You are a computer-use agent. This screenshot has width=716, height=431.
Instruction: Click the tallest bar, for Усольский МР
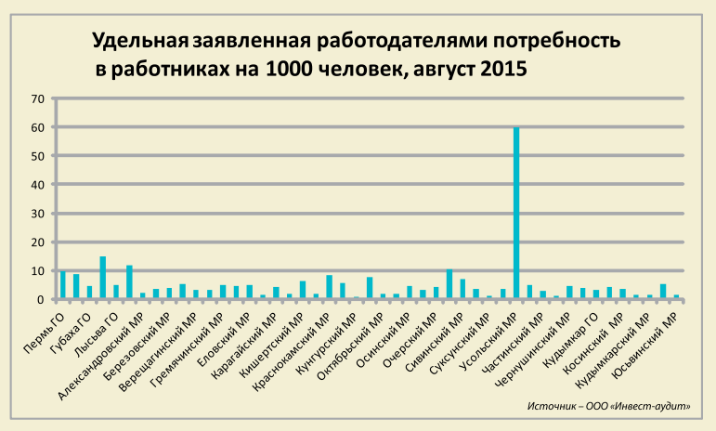516,214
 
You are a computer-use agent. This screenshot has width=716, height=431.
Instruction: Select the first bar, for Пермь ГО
62,286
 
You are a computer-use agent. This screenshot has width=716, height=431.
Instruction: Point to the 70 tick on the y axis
38,98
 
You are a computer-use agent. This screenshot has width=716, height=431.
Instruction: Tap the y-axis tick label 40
38,185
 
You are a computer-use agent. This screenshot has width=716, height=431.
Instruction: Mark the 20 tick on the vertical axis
38,242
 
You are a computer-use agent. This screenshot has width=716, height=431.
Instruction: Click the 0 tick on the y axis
41,300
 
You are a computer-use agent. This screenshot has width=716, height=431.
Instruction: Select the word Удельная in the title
140,43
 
